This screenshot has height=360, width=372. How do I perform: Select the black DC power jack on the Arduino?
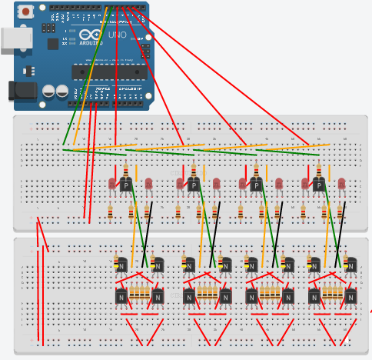22,91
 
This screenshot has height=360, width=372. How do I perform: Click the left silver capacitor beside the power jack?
49,91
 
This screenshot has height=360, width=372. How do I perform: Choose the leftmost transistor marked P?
127,185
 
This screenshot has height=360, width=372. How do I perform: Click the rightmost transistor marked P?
318,185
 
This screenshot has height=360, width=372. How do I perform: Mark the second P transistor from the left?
194,185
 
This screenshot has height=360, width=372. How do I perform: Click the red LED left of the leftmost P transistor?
112,184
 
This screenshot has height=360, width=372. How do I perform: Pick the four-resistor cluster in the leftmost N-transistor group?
139,292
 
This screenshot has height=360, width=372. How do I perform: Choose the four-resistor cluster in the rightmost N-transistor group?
332,292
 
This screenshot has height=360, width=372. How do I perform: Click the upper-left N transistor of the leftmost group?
121,265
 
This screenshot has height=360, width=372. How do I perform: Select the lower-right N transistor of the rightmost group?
350,296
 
